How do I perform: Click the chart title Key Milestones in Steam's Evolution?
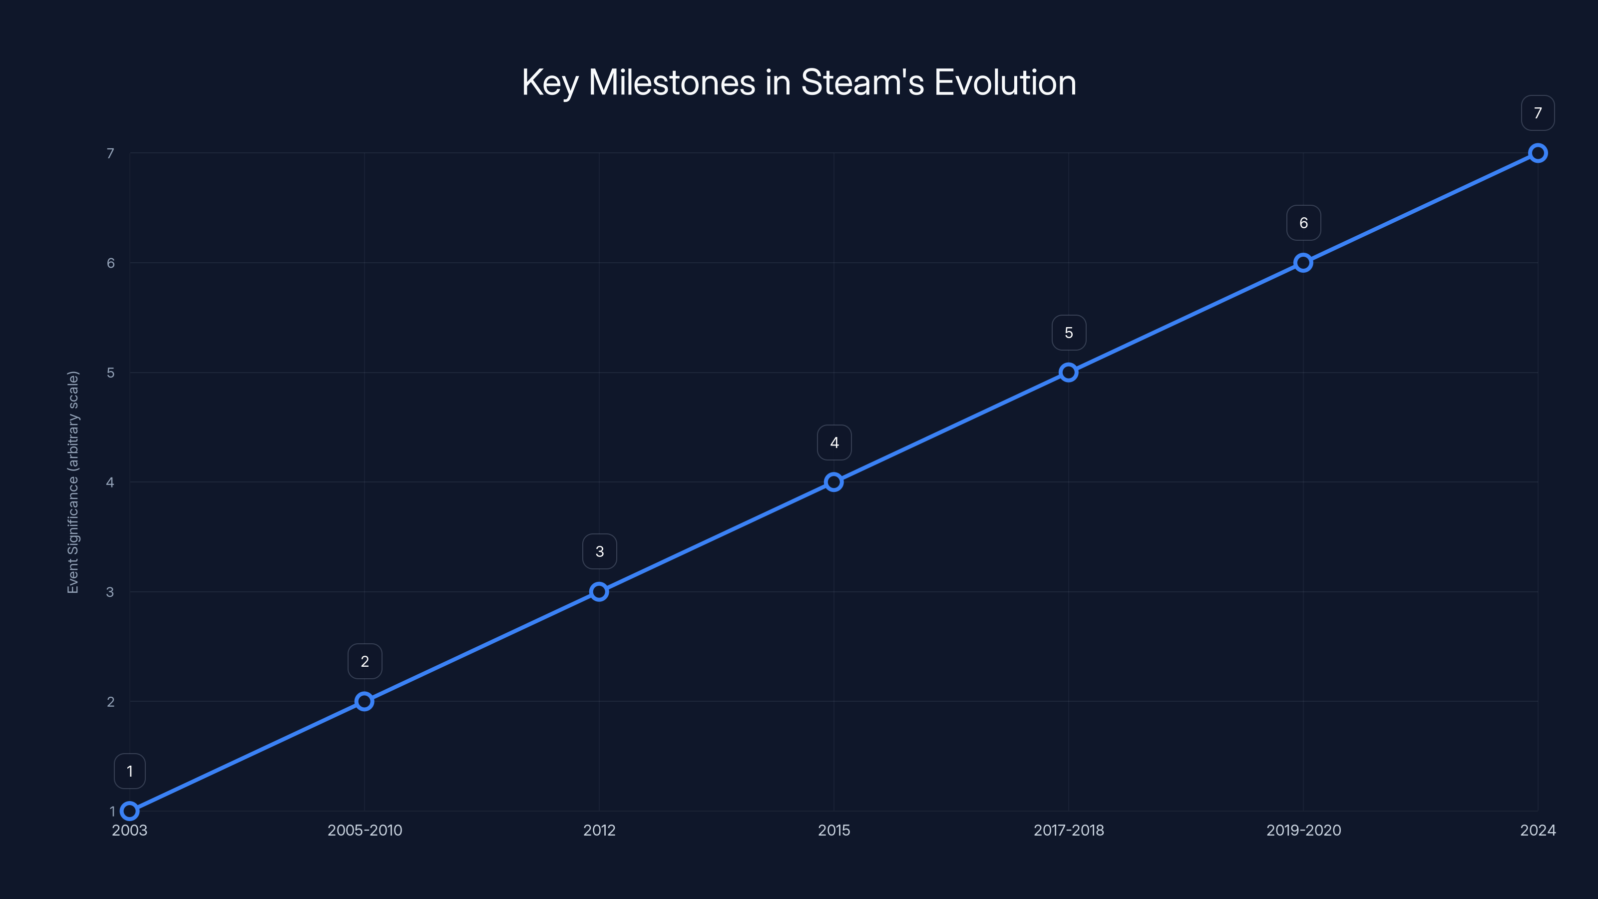point(799,82)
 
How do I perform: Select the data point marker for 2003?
point(130,811)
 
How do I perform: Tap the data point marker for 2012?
point(599,592)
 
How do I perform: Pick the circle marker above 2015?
point(834,482)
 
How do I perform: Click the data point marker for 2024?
point(1538,153)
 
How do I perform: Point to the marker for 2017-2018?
point(1068,372)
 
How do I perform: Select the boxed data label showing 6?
point(1303,223)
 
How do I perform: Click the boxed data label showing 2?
point(365,661)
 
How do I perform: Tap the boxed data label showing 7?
point(1538,113)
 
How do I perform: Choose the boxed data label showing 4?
point(834,443)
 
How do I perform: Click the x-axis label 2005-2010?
point(365,830)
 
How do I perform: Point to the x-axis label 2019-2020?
point(1303,830)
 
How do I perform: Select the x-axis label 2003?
point(130,830)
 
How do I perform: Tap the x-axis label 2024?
point(1538,830)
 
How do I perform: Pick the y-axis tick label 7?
point(110,153)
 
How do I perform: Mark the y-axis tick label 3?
point(110,592)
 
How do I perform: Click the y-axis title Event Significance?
point(73,482)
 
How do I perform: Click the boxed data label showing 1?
point(130,771)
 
